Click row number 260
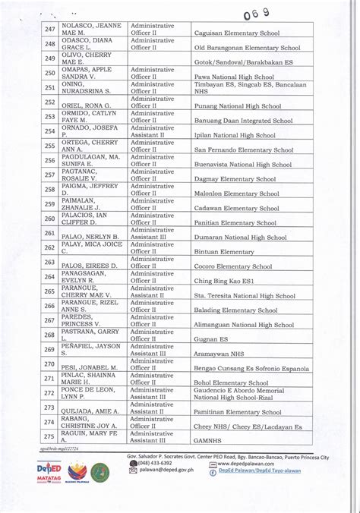pyautogui.click(x=50, y=219)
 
